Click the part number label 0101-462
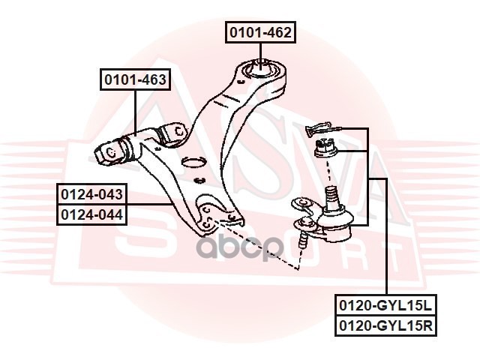coord(259,32)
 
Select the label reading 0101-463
coord(135,79)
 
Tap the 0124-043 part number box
coord(92,194)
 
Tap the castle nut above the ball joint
coord(325,148)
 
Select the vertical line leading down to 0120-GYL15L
coord(386,240)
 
